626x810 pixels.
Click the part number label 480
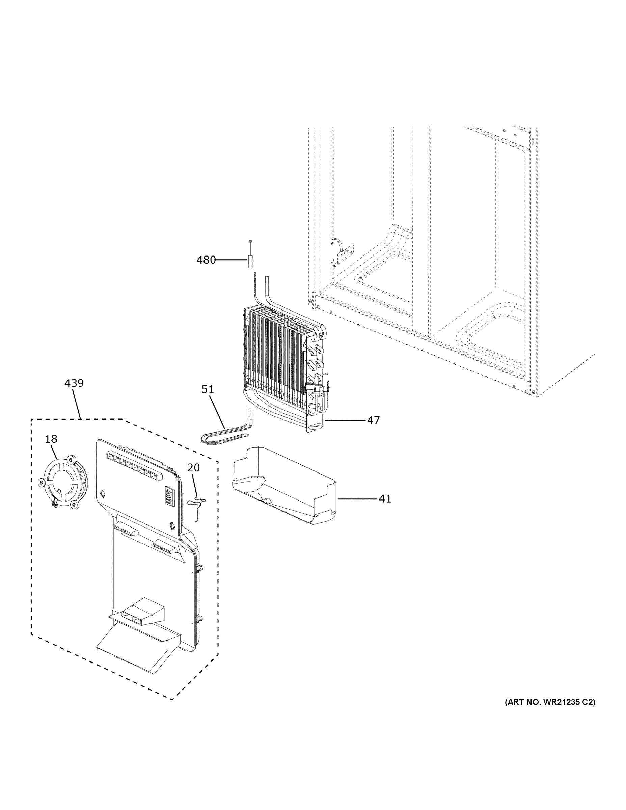[x=206, y=260]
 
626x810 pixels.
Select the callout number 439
[x=74, y=383]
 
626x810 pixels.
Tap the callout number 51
[x=208, y=389]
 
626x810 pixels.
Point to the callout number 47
[x=374, y=420]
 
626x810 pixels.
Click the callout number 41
[x=385, y=499]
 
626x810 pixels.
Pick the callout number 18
[x=51, y=439]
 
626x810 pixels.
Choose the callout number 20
[x=193, y=468]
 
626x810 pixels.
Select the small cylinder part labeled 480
[x=250, y=262]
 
